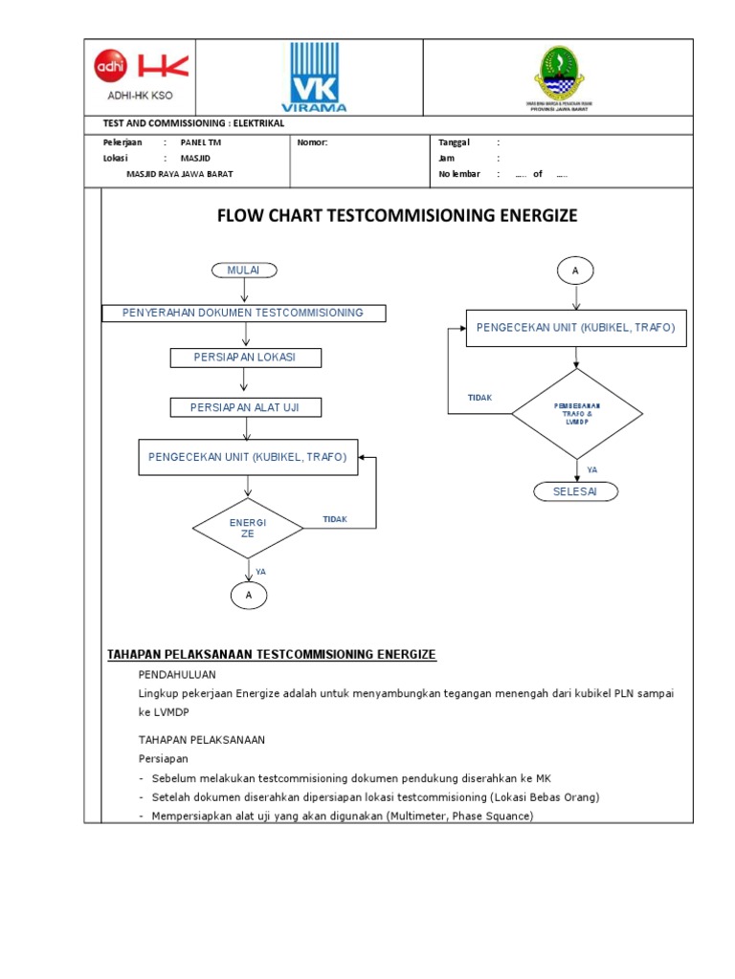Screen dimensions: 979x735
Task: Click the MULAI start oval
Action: pyautogui.click(x=244, y=271)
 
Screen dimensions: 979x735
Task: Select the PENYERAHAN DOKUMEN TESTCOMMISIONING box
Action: pyautogui.click(x=244, y=313)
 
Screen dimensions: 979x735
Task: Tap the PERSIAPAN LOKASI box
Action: pyautogui.click(x=245, y=358)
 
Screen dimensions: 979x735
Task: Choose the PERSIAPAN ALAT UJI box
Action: pyautogui.click(x=245, y=407)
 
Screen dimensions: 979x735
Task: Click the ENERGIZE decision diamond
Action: pyautogui.click(x=248, y=528)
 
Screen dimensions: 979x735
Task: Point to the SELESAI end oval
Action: pyautogui.click(x=575, y=491)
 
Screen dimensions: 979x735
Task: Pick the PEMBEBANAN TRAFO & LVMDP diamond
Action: pyautogui.click(x=577, y=413)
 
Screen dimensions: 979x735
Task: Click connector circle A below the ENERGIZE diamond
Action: pyautogui.click(x=249, y=595)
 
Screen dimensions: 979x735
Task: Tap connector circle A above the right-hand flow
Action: pyautogui.click(x=575, y=272)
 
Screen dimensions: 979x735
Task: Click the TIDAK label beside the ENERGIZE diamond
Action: pyautogui.click(x=335, y=519)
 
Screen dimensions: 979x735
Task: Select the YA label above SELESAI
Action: pyautogui.click(x=591, y=469)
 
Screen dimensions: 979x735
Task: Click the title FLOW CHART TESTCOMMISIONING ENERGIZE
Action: pyautogui.click(x=397, y=216)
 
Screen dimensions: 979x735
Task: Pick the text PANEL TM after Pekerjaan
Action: pyautogui.click(x=200, y=141)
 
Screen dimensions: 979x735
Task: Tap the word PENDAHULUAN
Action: pyautogui.click(x=177, y=674)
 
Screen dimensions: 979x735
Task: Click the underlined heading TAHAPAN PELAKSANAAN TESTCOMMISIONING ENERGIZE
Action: pyautogui.click(x=271, y=654)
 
